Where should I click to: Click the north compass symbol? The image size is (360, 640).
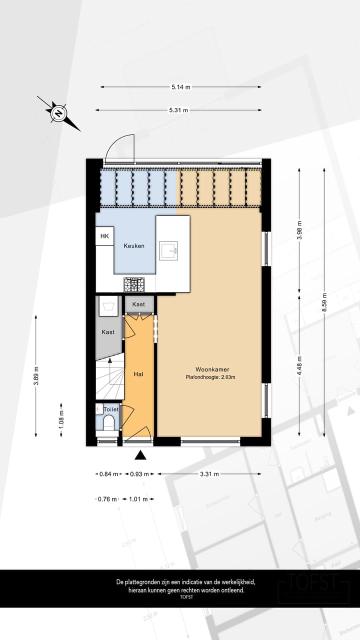point(59,113)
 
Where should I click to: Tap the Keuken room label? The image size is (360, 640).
point(134,246)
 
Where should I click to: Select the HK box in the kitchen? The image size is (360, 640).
point(104,236)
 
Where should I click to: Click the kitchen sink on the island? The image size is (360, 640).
point(168,250)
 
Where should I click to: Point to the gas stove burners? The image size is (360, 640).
point(134,285)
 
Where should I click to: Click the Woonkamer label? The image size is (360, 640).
point(209,369)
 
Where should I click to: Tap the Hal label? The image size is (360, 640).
point(138,373)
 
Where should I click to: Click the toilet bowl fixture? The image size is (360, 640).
point(108,422)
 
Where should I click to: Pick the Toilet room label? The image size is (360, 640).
point(111,409)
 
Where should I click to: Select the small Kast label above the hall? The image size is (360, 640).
point(138,304)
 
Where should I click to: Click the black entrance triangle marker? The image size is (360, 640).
point(141,455)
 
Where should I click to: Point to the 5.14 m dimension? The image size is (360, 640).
point(180,87)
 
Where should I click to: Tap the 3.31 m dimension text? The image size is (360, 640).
point(209,474)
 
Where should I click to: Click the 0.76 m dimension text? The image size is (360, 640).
point(108,499)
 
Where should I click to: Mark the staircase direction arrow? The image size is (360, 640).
point(109,349)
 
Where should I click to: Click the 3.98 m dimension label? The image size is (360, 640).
point(299,230)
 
